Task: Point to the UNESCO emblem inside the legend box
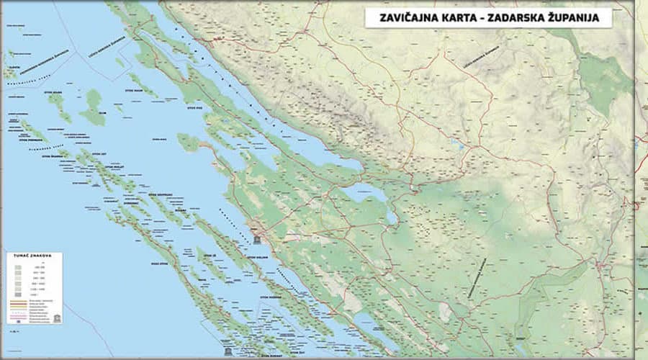click(57, 317)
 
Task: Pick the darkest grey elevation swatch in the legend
click(17, 295)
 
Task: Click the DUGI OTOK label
click(159, 264)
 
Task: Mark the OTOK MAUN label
click(135, 91)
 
